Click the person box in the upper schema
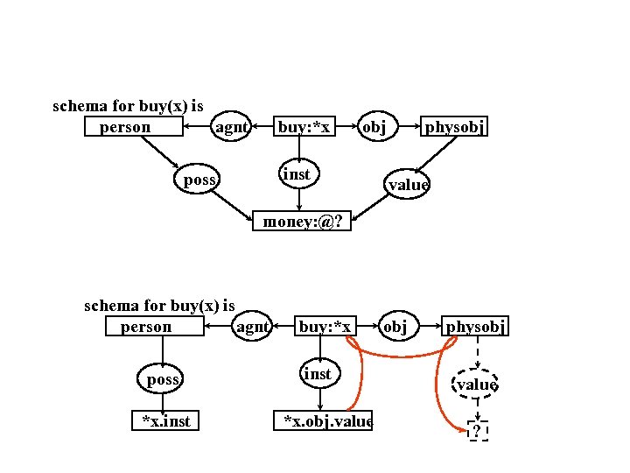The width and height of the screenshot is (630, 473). [134, 128]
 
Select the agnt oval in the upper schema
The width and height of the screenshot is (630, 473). [232, 128]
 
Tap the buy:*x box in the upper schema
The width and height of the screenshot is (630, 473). [304, 128]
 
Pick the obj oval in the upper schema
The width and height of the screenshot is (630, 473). [374, 128]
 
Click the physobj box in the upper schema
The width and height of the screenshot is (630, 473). [455, 128]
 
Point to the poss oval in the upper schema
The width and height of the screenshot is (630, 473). [199, 180]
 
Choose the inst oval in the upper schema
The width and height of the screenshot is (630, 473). [297, 174]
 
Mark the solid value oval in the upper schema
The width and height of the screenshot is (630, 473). [407, 184]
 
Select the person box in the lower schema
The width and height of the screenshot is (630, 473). [155, 327]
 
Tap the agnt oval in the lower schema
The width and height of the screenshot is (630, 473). [253, 327]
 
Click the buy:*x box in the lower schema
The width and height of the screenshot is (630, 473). [325, 327]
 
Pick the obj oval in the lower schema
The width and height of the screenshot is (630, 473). [395, 327]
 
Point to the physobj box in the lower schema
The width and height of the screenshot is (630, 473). [476, 327]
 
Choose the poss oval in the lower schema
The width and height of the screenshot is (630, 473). [162, 379]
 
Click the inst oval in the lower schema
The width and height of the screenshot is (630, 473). [318, 374]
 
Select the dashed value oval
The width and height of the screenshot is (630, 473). [477, 384]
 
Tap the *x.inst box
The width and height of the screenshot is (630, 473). [165, 421]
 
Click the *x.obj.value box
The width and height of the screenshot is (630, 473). [324, 421]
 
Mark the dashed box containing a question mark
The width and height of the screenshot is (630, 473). [478, 431]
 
